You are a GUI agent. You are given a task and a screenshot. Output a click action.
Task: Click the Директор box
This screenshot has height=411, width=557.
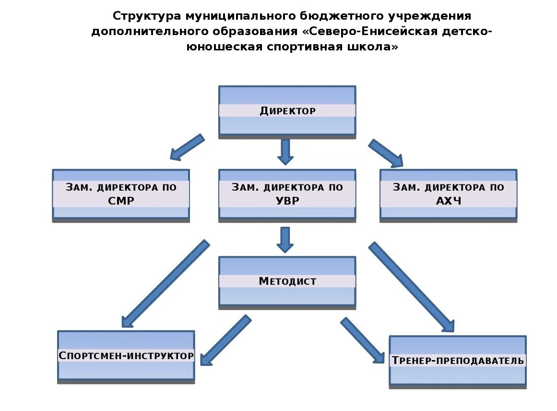click(287, 111)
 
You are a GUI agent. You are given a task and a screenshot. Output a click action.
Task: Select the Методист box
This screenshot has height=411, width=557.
click(287, 281)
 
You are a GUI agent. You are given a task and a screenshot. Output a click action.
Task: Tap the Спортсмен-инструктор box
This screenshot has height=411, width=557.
click(126, 356)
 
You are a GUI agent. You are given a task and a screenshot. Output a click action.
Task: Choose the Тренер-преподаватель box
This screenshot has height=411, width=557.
click(457, 360)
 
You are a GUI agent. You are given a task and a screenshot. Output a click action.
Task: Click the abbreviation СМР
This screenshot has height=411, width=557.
click(121, 200)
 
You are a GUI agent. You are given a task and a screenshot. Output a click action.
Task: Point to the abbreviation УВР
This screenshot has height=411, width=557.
click(287, 200)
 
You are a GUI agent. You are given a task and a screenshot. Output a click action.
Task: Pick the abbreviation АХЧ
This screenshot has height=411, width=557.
click(448, 200)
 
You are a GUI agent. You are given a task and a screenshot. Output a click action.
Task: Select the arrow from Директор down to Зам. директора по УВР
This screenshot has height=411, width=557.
click(285, 151)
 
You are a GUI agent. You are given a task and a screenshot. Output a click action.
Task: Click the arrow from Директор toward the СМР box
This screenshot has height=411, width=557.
click(187, 147)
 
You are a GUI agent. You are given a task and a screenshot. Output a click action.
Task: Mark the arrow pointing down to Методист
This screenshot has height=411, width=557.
click(285, 239)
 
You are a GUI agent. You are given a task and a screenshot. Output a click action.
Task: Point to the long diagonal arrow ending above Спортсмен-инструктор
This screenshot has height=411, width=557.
click(165, 284)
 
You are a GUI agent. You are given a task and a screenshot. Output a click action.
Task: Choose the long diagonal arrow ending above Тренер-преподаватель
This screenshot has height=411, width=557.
click(412, 287)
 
